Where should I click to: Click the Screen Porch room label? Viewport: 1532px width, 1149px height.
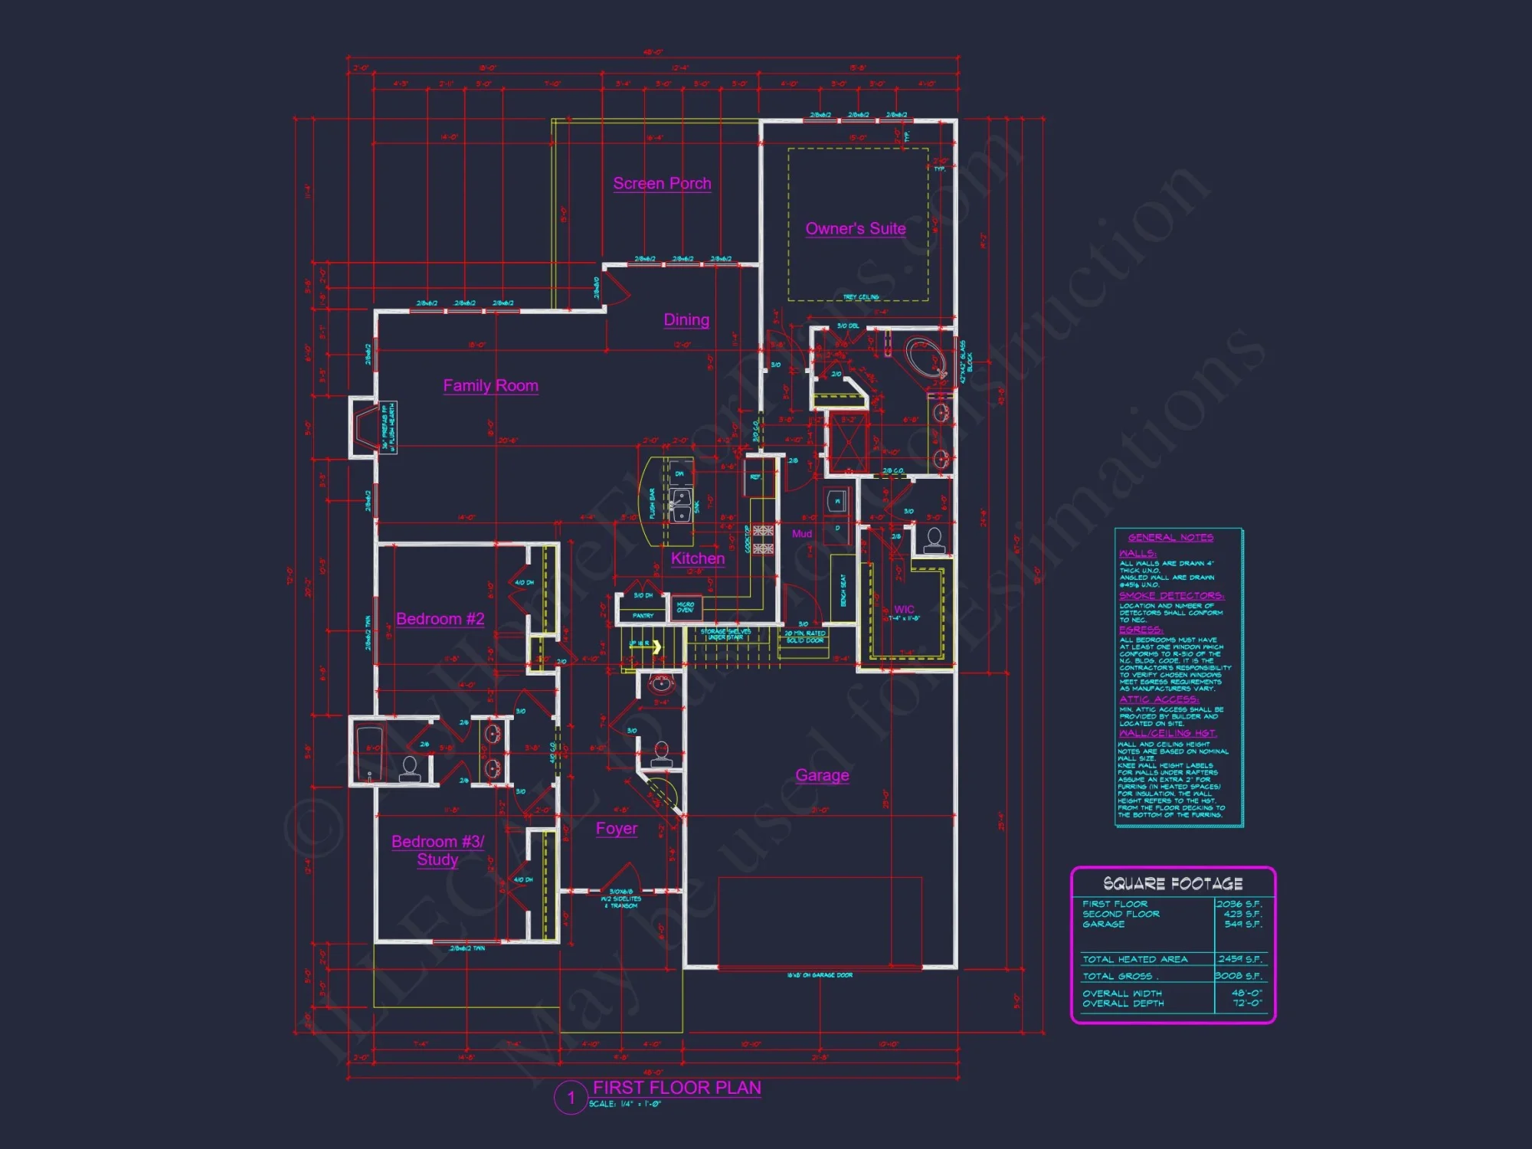[662, 184]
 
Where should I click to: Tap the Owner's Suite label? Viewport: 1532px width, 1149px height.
[856, 228]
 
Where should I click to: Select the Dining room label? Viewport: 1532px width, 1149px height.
[686, 320]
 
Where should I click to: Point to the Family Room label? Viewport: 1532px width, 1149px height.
[490, 385]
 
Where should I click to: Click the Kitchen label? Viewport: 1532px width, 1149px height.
[698, 558]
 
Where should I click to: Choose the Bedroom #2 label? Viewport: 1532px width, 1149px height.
[440, 619]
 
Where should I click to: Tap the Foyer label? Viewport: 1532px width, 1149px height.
[617, 829]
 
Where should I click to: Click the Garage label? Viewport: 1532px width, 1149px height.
[822, 775]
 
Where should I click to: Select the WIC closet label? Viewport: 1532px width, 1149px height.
[904, 610]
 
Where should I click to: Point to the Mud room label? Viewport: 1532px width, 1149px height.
[802, 534]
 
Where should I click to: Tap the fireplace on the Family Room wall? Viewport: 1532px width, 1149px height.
[366, 427]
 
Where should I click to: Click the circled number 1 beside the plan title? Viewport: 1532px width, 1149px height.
[571, 1098]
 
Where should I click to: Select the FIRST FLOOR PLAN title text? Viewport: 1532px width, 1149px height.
[677, 1088]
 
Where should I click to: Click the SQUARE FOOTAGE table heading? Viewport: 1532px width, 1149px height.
[1173, 884]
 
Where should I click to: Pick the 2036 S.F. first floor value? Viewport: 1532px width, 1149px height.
[1239, 904]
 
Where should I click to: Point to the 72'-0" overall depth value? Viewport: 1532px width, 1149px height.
[1247, 1003]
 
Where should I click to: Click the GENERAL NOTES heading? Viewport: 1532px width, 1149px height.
[1170, 538]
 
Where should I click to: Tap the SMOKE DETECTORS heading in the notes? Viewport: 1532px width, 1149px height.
[1171, 596]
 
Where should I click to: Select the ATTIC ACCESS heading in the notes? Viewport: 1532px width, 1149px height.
[1159, 699]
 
